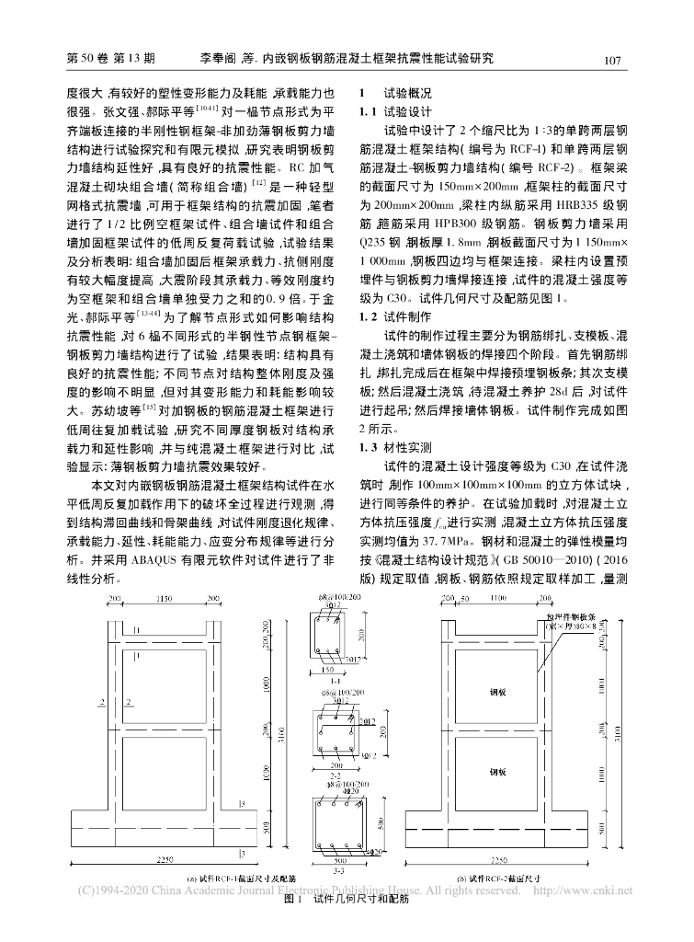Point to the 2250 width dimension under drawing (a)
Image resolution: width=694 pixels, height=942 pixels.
(x=166, y=858)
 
